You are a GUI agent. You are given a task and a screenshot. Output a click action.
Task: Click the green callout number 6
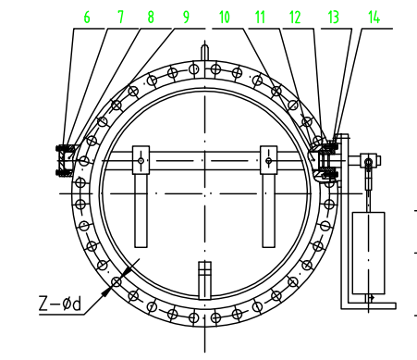[x=87, y=18]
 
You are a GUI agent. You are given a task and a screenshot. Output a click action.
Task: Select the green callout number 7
[x=120, y=18]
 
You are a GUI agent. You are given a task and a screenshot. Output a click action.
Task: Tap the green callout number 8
[x=151, y=18]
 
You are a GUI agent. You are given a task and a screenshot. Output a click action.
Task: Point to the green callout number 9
[x=186, y=18]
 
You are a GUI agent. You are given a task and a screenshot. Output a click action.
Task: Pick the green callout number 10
[x=225, y=18]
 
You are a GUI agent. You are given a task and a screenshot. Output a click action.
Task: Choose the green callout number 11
[x=260, y=18]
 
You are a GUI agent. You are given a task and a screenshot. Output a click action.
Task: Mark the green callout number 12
[x=295, y=18]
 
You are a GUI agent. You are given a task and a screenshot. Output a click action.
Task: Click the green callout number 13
[x=333, y=18]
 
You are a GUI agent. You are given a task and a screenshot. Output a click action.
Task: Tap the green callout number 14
[x=374, y=18]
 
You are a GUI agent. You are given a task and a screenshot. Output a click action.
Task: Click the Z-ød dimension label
[x=60, y=304]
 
